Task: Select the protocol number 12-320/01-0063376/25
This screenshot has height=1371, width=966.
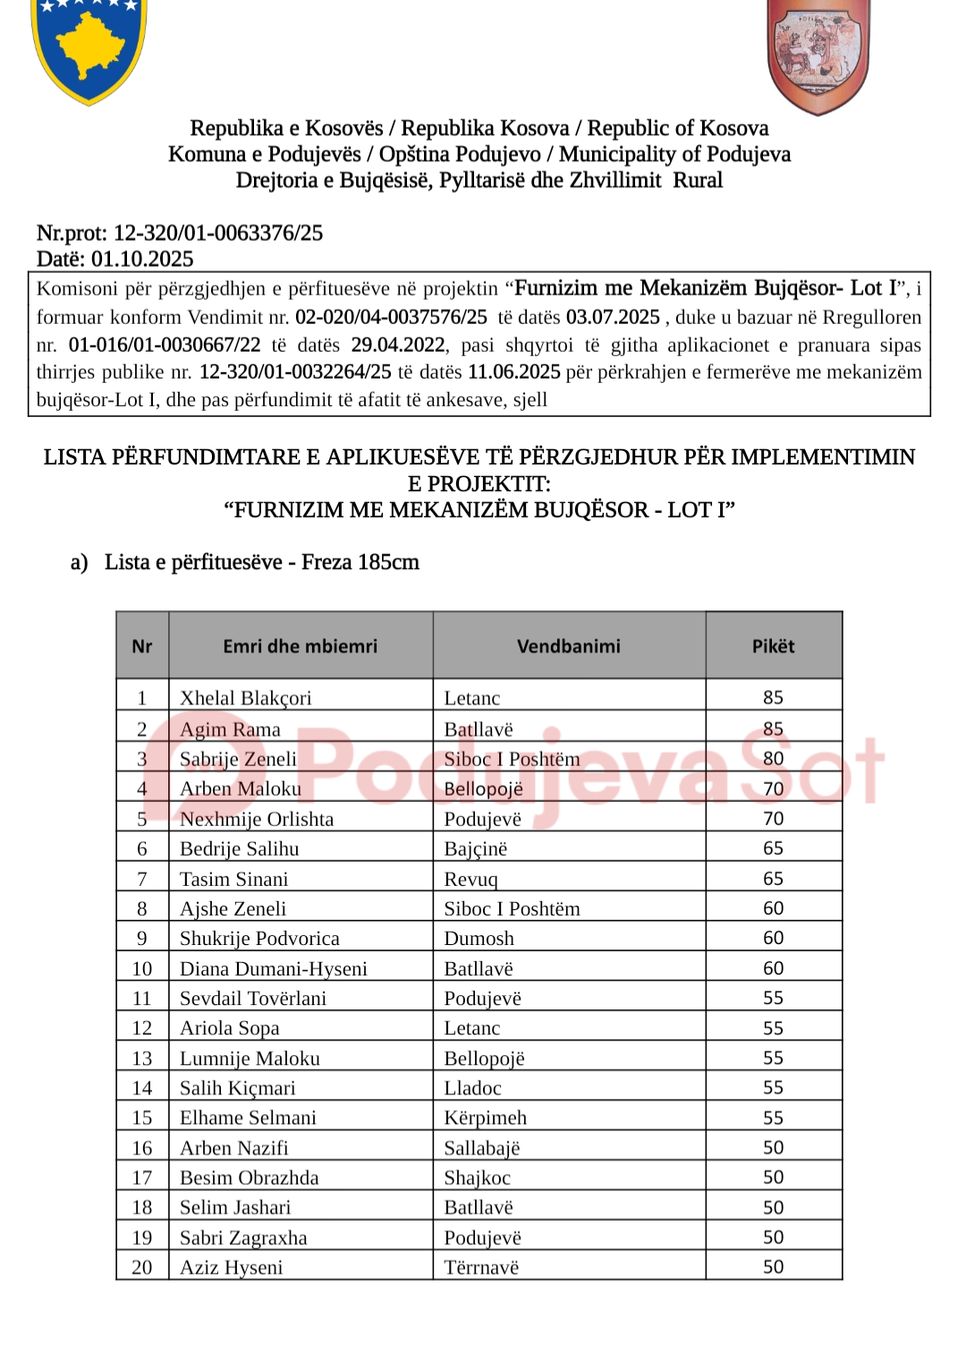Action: tap(217, 234)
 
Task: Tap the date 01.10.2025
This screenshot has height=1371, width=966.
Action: tap(142, 260)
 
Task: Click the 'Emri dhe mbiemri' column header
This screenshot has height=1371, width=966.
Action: tap(300, 646)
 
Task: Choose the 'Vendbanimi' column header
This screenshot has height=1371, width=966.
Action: tap(568, 646)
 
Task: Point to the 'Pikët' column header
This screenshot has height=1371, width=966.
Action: tap(773, 646)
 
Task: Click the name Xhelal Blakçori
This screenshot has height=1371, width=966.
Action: tap(245, 698)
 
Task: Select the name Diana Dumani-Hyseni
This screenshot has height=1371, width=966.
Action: tap(273, 968)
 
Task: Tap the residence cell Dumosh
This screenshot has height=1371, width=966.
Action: tap(479, 939)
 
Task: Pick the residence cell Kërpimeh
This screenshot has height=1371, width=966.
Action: tap(485, 1118)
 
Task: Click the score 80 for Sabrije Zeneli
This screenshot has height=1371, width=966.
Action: tap(773, 759)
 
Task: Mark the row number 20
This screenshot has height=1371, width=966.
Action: tap(142, 1267)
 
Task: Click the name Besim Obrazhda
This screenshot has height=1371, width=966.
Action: tap(249, 1178)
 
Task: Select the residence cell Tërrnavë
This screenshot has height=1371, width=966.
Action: tap(481, 1267)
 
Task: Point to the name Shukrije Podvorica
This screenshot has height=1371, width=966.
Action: tap(259, 939)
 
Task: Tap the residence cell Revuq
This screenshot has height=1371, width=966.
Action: tap(470, 879)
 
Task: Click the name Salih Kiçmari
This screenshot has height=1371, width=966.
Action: tap(237, 1088)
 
